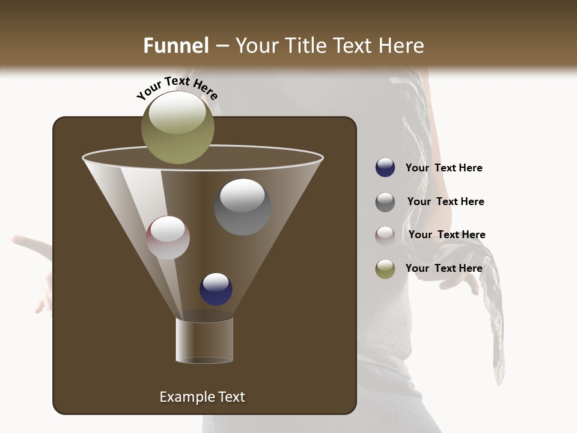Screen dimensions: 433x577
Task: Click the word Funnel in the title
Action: [x=176, y=46]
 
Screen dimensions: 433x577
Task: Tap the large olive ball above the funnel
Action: [x=177, y=127]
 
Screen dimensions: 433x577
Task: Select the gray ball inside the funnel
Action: [x=242, y=207]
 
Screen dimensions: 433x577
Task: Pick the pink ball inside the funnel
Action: [x=168, y=238]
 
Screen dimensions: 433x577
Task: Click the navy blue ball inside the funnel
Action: [x=216, y=289]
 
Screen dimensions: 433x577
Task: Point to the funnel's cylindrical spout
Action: [x=204, y=340]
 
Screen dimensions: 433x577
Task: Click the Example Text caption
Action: [x=202, y=397]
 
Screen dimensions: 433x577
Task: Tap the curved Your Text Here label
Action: [x=177, y=88]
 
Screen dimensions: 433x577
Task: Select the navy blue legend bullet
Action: [x=385, y=168]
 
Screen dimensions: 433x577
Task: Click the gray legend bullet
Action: [x=385, y=202]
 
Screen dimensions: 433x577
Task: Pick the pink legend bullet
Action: [x=385, y=236]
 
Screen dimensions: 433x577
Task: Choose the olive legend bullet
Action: [x=385, y=269]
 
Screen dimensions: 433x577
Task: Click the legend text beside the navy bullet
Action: [x=444, y=168]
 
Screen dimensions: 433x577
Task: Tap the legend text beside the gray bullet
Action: [x=445, y=201]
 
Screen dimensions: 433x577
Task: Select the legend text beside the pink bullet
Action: [x=447, y=235]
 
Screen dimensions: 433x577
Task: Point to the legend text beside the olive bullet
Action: [x=444, y=268]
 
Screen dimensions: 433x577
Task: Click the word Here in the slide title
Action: [x=402, y=46]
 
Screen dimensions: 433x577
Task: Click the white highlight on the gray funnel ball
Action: [x=242, y=195]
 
